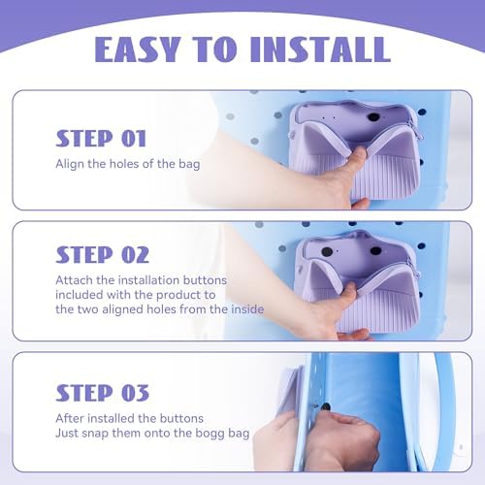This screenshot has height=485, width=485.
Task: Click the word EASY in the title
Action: pos(138,48)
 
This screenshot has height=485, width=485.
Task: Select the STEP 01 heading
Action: pos(101,139)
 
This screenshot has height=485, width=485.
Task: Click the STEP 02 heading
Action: pos(102,254)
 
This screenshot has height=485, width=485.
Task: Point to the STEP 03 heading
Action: pos(102,393)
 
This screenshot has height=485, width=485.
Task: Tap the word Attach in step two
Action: pos(74,280)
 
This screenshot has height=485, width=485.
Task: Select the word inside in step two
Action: pos(247,309)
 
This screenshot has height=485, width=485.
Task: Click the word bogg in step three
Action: pos(210,434)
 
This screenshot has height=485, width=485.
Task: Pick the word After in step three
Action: pos(70,418)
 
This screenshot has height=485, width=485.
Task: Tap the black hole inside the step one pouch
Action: pos(373,117)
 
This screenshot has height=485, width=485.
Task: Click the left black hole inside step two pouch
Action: pos(327,251)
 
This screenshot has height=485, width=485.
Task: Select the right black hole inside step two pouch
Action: pos(375,250)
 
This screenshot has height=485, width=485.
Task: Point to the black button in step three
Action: pos(326,406)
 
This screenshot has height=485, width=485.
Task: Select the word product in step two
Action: pos(176,295)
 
